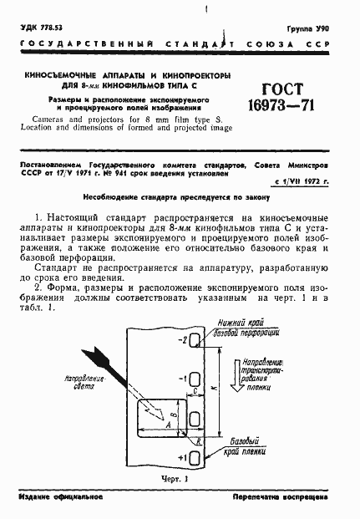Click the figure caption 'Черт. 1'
click(158, 479)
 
